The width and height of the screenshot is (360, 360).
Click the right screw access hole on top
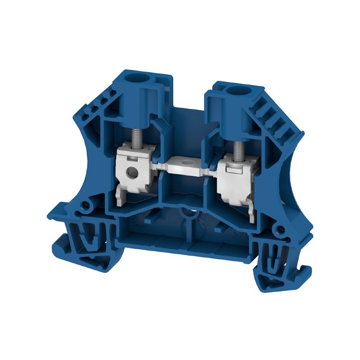coord(234,92)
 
